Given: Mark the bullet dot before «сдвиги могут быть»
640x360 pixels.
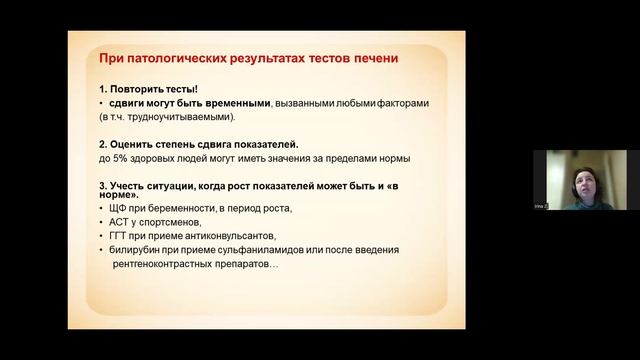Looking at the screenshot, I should coord(102,103).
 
